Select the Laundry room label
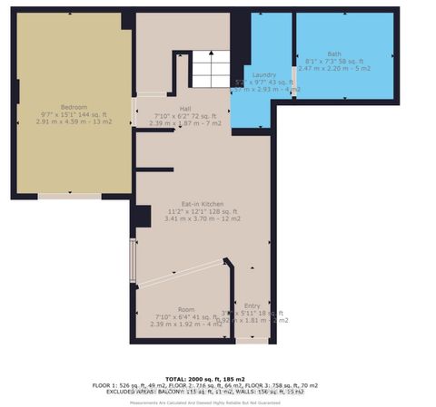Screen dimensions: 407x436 (264, 75)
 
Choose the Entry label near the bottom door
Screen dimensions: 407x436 (253, 305)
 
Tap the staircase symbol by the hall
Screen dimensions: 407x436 (210, 70)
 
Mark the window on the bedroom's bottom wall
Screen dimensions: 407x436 (69, 195)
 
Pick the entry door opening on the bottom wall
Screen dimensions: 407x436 (252, 341)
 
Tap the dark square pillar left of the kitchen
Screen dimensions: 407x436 (143, 218)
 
